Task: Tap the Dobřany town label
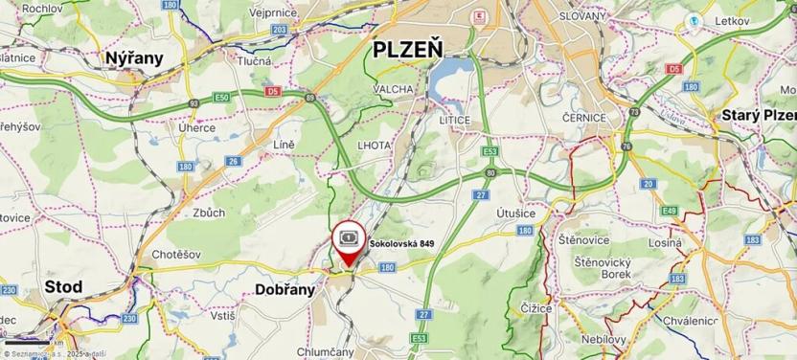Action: click(285, 288)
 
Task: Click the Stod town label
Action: click(64, 286)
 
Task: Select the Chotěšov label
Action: click(175, 256)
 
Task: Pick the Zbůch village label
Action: click(209, 213)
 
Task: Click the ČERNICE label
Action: click(584, 117)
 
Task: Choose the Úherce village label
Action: click(197, 127)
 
